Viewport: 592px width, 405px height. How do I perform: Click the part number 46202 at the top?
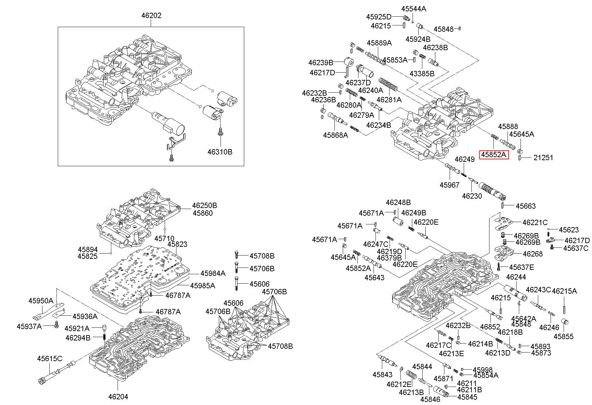click(151, 16)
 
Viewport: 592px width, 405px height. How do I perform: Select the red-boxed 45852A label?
click(494, 155)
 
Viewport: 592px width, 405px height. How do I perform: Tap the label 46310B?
click(219, 152)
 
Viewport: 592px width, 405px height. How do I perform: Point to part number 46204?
click(118, 397)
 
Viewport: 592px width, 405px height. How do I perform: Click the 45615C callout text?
click(49, 359)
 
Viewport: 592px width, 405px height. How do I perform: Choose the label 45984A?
click(213, 274)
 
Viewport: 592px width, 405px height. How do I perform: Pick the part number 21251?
click(543, 158)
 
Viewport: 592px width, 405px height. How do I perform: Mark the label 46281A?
click(389, 100)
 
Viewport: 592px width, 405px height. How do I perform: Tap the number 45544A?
click(414, 9)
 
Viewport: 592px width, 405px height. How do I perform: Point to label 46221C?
click(535, 222)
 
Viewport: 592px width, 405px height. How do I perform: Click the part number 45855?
click(564, 337)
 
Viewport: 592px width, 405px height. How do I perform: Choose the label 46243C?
click(539, 290)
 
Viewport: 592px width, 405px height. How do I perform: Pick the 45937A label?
click(29, 326)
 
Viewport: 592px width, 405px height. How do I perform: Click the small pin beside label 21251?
click(520, 158)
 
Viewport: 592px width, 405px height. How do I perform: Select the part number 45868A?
click(335, 135)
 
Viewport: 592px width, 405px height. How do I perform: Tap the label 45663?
click(526, 206)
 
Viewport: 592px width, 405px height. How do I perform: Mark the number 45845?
click(467, 397)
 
